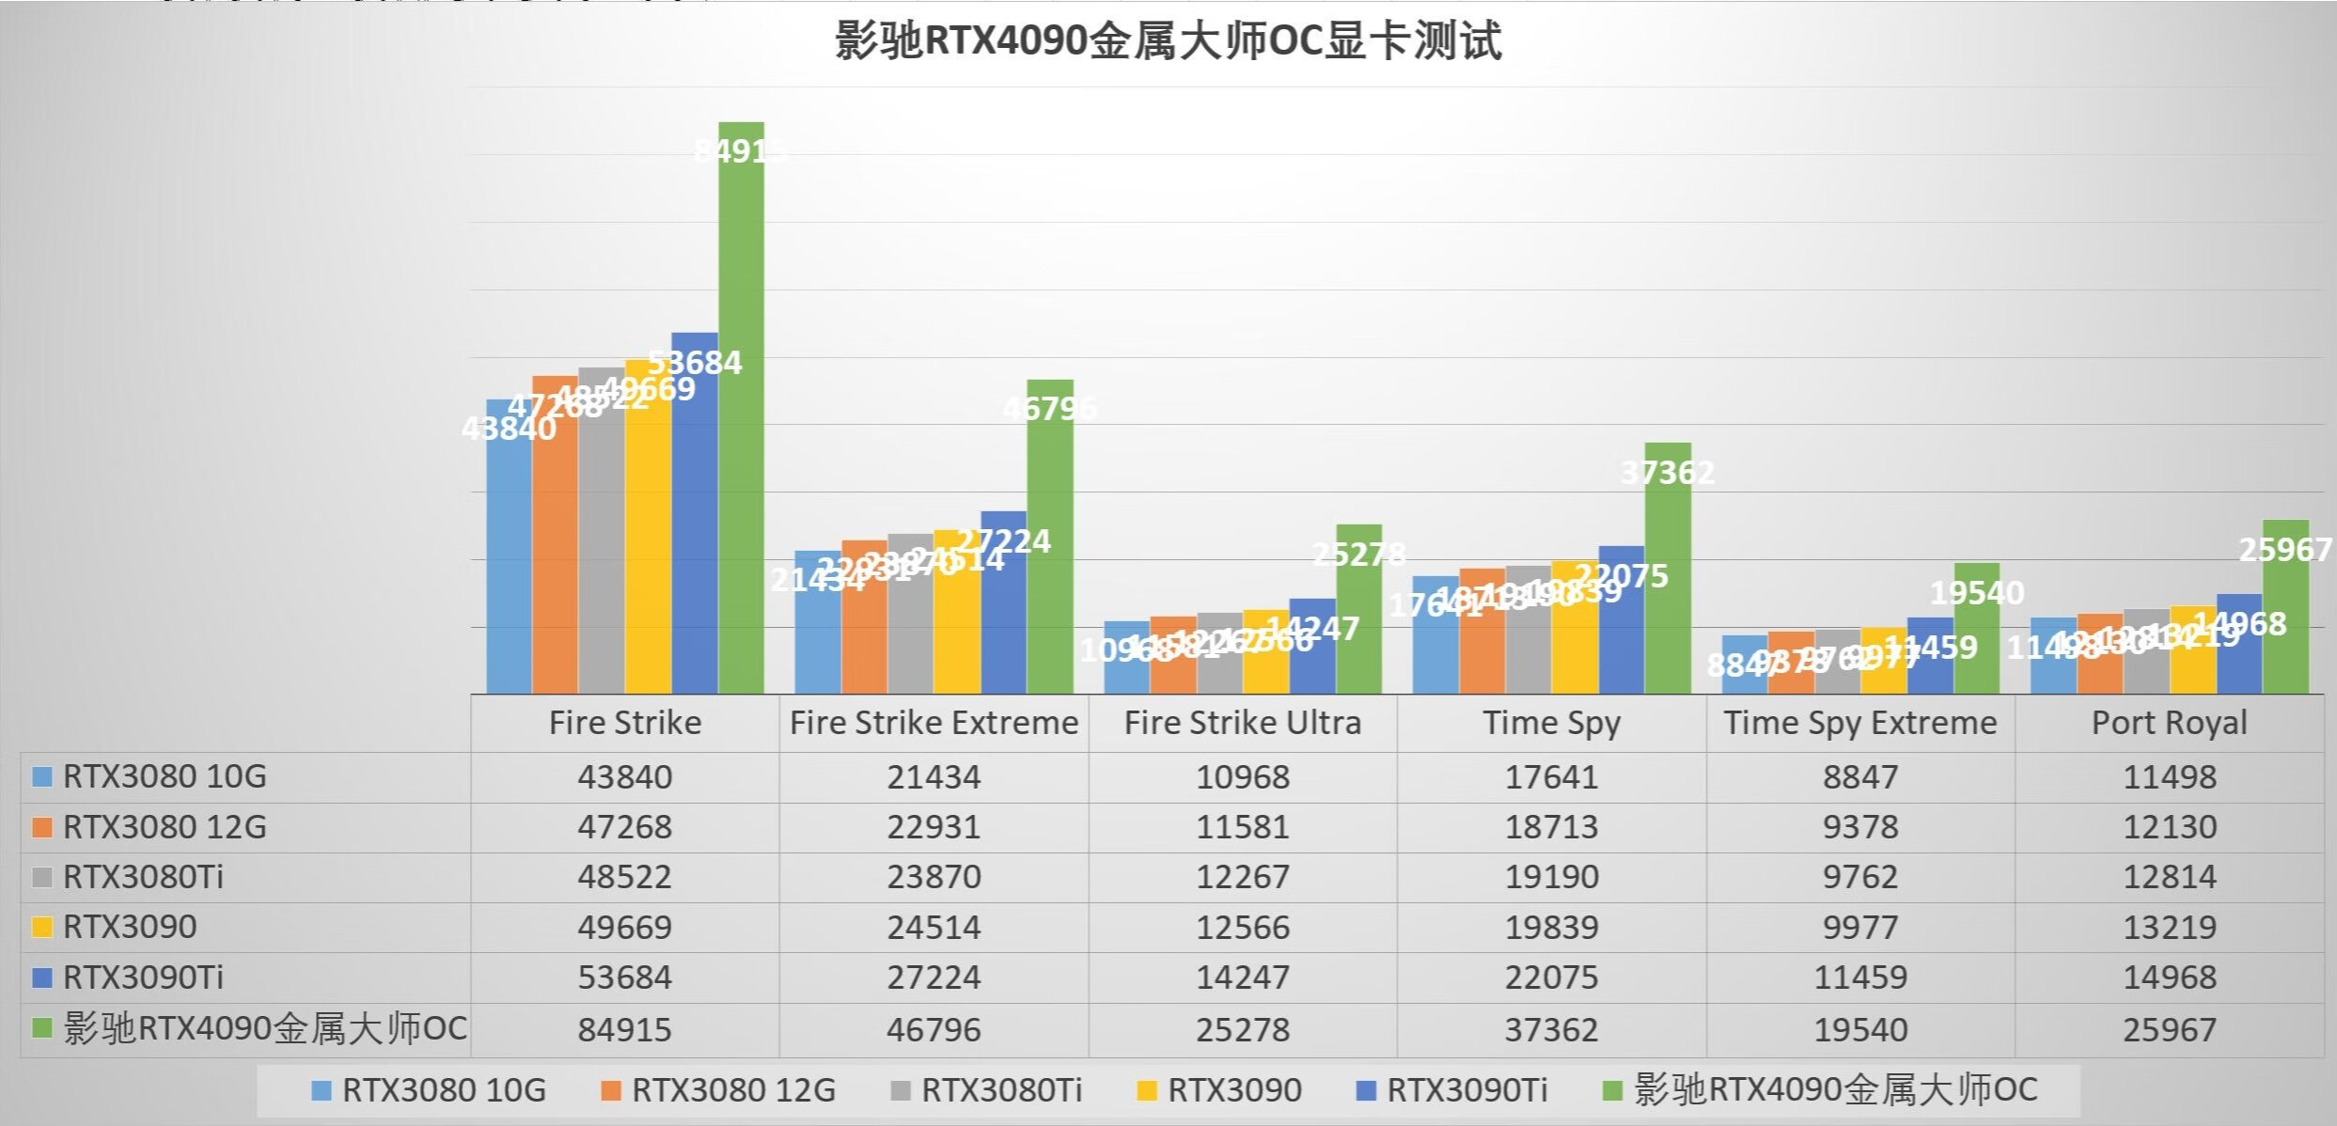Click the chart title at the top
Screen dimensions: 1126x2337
[x=1168, y=42]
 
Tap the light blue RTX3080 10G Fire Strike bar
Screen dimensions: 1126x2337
[x=509, y=564]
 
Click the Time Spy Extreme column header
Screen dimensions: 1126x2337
[x=1859, y=723]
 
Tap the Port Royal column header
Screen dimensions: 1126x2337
[x=2169, y=723]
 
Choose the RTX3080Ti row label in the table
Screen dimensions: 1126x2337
[x=143, y=877]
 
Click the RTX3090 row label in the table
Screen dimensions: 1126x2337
[x=130, y=927]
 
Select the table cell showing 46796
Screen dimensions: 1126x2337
[x=933, y=1029]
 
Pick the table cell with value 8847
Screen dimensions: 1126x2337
[x=1859, y=777]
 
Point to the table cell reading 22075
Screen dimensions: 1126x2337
[x=1551, y=977]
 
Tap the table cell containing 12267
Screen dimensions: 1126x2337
[x=1242, y=877]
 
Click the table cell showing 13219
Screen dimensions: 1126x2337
[x=2169, y=928]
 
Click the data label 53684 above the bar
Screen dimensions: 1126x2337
[x=695, y=363]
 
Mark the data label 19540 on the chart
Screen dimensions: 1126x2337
[x=1977, y=593]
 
